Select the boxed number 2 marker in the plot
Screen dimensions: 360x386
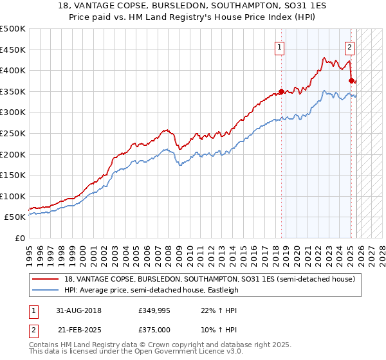[349, 46]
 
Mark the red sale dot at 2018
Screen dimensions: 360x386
[282, 91]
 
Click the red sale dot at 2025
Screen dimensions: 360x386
[351, 80]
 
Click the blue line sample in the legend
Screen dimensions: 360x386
[46, 290]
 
